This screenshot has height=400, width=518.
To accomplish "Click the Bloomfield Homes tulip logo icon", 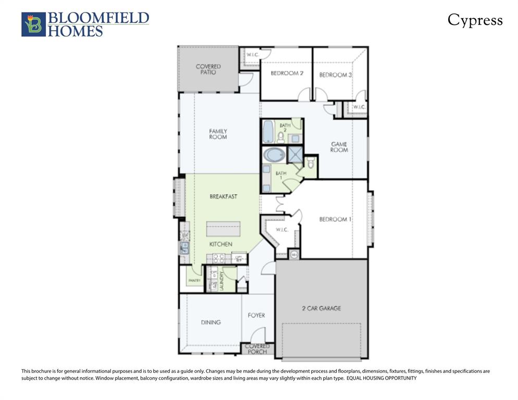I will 33,24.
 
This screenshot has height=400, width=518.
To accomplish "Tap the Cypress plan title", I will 475,20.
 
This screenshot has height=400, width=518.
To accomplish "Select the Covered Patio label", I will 208,69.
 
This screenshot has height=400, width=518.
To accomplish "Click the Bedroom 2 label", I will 287,73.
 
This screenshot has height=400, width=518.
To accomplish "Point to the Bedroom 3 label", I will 335,75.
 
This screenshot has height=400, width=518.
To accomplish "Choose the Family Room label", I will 218,134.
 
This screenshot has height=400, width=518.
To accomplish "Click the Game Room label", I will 339,147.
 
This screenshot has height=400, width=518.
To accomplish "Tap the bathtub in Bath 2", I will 267,132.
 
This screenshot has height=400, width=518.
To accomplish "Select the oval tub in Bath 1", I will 274,155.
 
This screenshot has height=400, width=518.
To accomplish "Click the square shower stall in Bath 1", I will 294,155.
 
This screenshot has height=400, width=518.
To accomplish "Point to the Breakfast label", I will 223,196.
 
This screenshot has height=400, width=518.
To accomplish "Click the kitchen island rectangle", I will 223,229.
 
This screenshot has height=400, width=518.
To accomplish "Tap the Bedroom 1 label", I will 335,219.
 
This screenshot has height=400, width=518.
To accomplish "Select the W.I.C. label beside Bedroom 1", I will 281,230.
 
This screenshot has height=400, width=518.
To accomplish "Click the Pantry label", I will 194,281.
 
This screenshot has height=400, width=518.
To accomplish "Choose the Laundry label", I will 221,282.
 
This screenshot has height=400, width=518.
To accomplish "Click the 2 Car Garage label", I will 321,308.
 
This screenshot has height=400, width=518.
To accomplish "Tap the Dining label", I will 211,322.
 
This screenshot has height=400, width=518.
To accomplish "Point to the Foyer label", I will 256,315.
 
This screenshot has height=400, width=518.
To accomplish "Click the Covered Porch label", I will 257,349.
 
